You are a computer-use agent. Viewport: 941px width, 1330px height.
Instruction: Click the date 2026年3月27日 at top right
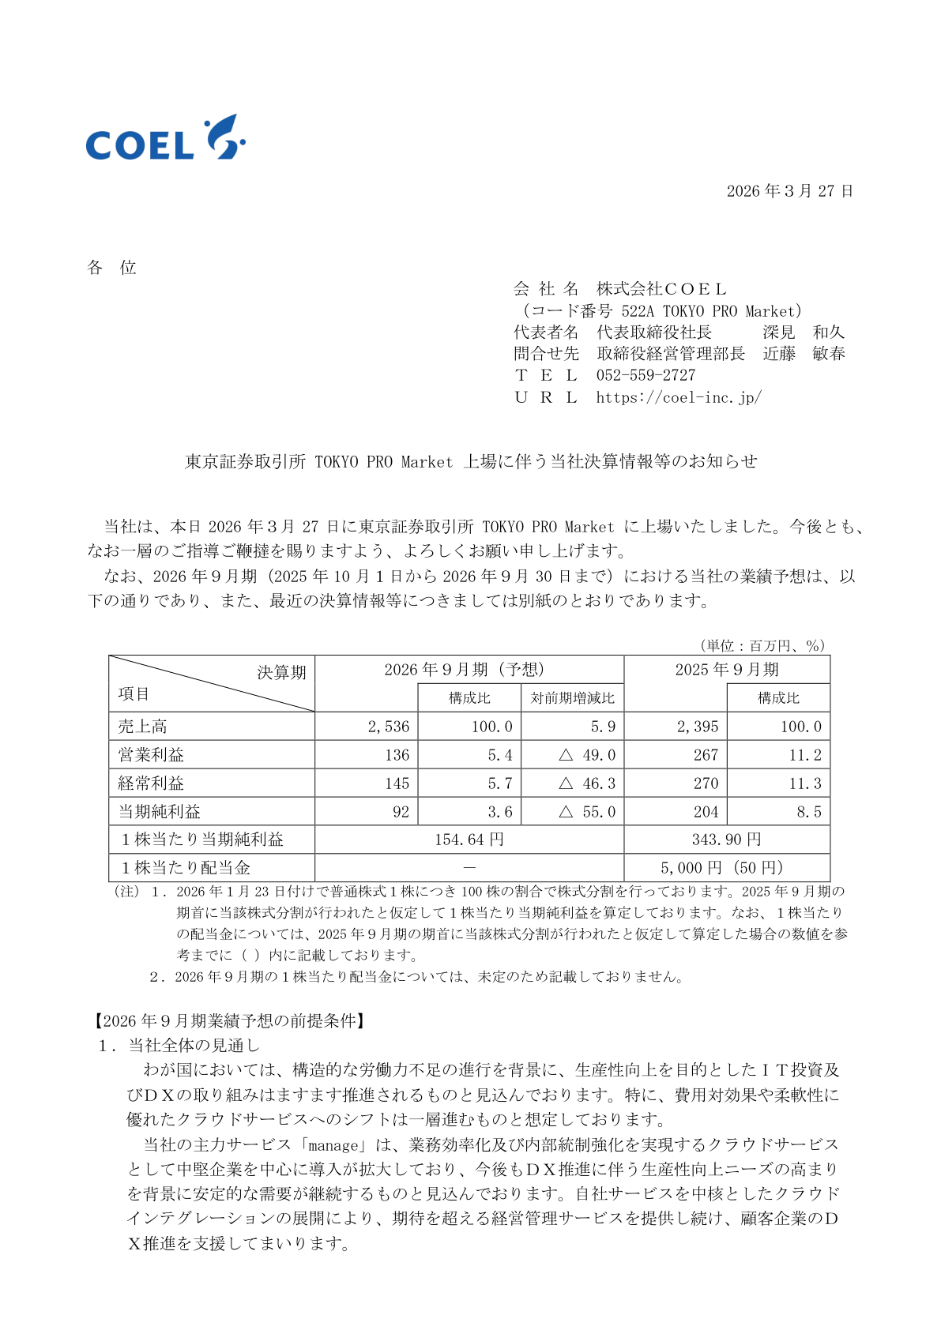click(789, 191)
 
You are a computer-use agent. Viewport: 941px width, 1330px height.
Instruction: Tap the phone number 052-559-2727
click(646, 375)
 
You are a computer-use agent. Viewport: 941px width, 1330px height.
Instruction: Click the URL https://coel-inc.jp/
click(679, 397)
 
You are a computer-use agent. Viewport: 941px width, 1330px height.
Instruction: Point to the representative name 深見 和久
click(804, 332)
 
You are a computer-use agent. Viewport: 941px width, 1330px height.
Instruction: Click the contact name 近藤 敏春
click(804, 354)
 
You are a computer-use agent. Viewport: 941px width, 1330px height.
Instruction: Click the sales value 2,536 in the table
click(389, 727)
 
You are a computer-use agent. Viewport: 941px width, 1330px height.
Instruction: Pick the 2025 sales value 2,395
click(698, 727)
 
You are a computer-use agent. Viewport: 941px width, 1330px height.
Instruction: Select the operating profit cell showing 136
click(397, 755)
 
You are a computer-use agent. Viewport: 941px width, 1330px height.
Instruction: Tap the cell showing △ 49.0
click(587, 755)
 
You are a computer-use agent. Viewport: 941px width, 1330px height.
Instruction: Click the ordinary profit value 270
click(706, 783)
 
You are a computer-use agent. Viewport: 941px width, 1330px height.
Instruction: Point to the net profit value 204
click(706, 812)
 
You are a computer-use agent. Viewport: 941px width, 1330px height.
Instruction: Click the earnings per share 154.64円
click(469, 840)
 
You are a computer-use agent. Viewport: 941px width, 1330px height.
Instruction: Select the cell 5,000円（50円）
click(722, 868)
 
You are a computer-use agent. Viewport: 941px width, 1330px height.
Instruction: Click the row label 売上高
click(143, 727)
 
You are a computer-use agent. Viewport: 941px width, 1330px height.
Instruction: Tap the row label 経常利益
click(151, 783)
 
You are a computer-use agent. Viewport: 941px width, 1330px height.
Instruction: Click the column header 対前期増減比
click(572, 698)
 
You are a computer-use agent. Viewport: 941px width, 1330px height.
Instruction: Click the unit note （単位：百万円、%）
click(762, 646)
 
